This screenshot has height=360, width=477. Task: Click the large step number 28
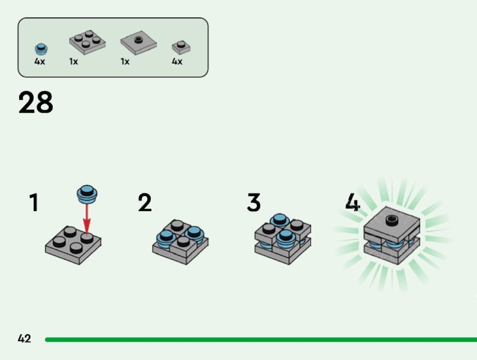click(x=35, y=102)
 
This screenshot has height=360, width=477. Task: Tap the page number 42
click(x=25, y=338)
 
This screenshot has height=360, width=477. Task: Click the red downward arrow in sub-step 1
click(x=87, y=219)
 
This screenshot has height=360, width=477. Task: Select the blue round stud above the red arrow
click(x=87, y=194)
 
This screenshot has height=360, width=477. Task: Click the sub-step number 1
click(x=34, y=202)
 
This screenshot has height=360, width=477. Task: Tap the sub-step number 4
click(x=353, y=202)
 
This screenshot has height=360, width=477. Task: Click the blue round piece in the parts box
click(x=41, y=49)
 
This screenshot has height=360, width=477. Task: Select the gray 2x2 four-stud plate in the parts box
click(x=88, y=42)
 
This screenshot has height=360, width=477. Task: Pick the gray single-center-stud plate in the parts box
click(x=139, y=43)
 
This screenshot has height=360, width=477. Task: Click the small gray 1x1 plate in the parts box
click(x=181, y=47)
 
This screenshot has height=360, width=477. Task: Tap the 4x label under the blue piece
click(x=40, y=61)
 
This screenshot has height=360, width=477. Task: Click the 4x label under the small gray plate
click(x=177, y=61)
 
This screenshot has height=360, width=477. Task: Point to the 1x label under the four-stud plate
click(x=74, y=61)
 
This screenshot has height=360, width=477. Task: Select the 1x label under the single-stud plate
click(x=125, y=61)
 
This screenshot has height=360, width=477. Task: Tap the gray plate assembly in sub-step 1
click(x=73, y=245)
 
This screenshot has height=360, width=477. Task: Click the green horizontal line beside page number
click(x=261, y=339)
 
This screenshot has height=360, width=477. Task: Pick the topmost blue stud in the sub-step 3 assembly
click(x=279, y=220)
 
